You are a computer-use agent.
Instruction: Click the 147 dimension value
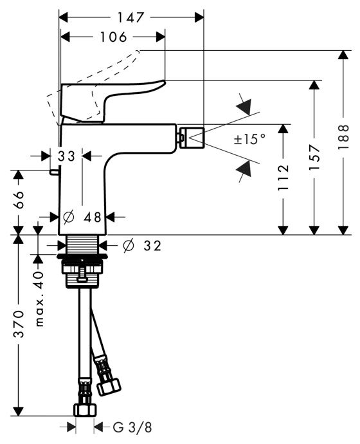[130, 17]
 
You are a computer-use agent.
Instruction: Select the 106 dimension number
[113, 37]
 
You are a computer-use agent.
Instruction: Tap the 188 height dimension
[343, 137]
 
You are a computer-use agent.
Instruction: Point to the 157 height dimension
[314, 157]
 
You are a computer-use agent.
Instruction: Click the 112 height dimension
[283, 177]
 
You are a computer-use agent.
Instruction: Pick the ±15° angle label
[249, 139]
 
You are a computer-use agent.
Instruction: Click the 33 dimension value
[66, 156]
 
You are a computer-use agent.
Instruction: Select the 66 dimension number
[19, 199]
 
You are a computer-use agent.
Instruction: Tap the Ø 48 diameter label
[82, 217]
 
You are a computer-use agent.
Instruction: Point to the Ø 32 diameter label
[142, 246]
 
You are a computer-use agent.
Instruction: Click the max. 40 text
[39, 299]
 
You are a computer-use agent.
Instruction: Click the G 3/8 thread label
[132, 427]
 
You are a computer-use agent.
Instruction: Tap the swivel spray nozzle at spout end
[192, 138]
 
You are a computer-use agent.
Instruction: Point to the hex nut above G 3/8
[85, 410]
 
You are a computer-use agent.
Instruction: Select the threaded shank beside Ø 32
[82, 244]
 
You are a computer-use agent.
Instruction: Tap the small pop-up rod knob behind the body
[54, 172]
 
